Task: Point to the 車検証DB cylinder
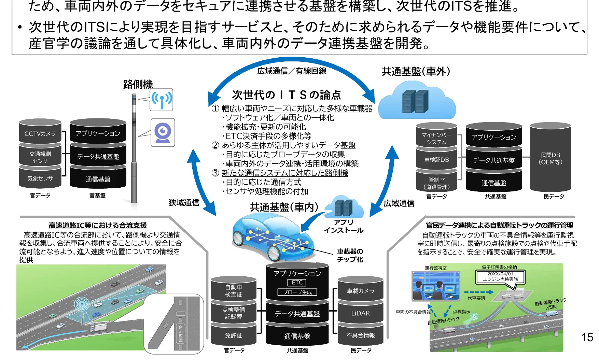[436, 160]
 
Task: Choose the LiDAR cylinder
[360, 313]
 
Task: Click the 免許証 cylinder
[233, 335]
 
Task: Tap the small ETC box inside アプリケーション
[297, 283]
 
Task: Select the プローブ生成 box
[297, 292]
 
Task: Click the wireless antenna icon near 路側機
[162, 100]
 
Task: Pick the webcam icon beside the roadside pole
[163, 133]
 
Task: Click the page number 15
[587, 337]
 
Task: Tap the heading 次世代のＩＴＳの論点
[286, 95]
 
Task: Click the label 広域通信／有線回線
[292, 71]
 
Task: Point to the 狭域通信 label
[184, 203]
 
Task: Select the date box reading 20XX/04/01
[500, 276]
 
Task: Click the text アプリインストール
[344, 226]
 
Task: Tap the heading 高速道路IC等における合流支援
[98, 226]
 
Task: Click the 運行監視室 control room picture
[435, 286]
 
